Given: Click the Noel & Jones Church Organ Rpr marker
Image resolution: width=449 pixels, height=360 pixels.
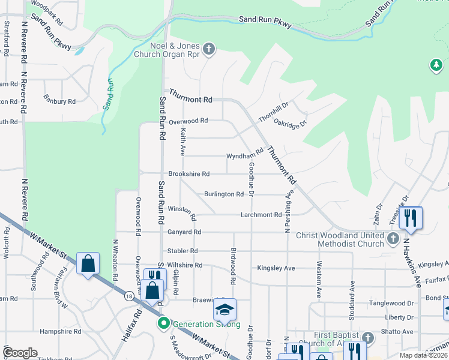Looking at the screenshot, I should pos(209,49).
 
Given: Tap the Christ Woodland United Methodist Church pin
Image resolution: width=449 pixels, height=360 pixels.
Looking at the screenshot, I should pos(393,239).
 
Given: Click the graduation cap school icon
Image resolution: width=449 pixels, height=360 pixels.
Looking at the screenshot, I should pos(224,310).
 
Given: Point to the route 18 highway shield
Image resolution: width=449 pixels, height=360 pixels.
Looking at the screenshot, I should pos(129,296).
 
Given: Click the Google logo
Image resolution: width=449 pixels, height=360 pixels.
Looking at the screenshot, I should pos(20,353).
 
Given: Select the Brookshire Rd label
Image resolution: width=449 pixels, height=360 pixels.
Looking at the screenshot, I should pos(188,174).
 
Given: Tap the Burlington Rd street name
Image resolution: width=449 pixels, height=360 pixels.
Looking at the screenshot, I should pos(223,194).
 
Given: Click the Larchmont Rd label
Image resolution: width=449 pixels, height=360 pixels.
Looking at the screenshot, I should pos(261,215).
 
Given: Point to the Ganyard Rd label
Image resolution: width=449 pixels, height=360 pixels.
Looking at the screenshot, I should pos(184,232).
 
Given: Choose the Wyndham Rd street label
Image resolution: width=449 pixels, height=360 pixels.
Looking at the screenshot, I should pos(245,155).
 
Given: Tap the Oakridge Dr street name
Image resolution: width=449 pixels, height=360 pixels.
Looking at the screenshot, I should pos(291,122).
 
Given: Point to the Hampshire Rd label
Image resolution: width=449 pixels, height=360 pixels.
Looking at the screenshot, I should pos(60,331).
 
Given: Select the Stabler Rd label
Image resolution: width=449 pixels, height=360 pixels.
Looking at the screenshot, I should pos(182,251).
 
